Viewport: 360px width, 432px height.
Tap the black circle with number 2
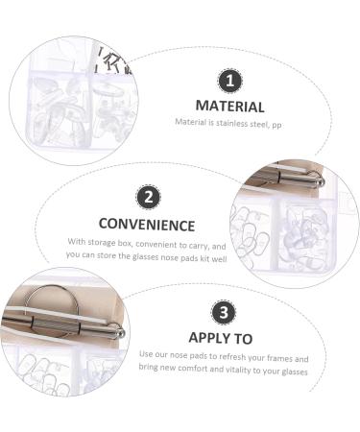147,198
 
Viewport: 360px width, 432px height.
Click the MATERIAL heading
230,105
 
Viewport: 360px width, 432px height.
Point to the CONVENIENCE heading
146,226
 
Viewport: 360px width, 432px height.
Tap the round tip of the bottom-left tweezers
121,332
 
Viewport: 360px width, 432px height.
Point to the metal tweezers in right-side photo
288,180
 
